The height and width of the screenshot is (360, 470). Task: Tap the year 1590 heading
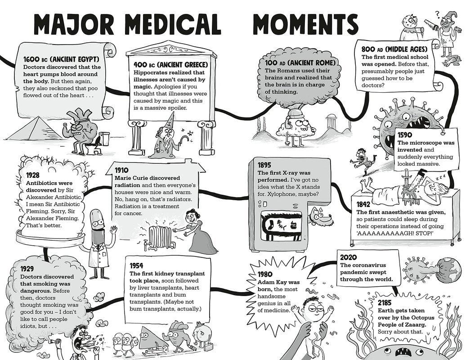[407, 135]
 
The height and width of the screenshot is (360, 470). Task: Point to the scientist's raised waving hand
[113, 230]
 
